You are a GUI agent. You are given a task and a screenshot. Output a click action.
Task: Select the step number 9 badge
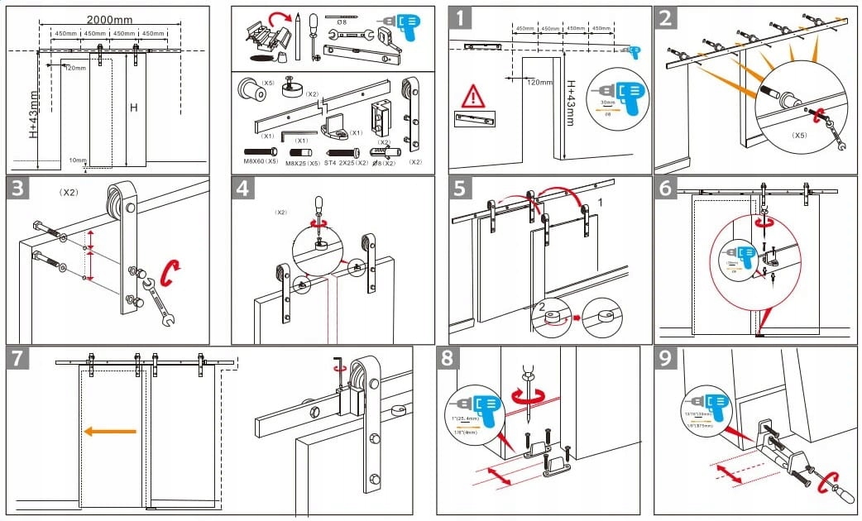668,359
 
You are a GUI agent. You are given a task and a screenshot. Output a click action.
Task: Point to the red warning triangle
473,95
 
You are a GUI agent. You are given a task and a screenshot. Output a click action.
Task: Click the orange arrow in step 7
109,431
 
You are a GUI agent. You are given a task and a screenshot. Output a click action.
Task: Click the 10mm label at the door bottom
77,160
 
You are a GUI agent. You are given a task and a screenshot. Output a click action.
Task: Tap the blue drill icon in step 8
476,410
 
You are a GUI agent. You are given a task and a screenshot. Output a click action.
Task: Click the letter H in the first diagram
132,107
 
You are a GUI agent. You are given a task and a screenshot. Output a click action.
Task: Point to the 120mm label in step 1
539,83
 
